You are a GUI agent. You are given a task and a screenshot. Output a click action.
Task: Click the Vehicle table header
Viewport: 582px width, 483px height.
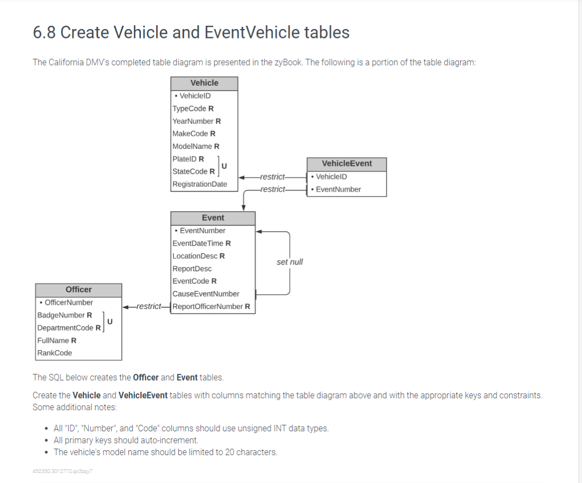(204, 83)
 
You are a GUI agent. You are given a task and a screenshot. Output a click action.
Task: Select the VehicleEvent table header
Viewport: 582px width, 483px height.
(347, 164)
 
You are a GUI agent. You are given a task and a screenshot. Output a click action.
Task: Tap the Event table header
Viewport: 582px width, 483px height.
(213, 218)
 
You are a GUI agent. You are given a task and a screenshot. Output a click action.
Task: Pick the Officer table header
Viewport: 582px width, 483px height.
(79, 289)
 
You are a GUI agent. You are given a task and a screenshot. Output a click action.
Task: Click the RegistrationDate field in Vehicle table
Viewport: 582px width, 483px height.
(199, 184)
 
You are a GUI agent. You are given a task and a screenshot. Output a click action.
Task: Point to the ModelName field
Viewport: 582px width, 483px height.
(195, 146)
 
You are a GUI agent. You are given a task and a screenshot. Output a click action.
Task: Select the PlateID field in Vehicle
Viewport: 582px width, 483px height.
(188, 159)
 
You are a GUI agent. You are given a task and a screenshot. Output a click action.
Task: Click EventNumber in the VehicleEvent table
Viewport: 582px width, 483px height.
(338, 189)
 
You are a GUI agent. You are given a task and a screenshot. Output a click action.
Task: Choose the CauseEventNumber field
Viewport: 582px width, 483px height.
(206, 294)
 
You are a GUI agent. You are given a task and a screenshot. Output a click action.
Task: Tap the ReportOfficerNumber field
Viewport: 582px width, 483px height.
(211, 306)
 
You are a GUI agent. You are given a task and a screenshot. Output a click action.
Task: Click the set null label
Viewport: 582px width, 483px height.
(290, 262)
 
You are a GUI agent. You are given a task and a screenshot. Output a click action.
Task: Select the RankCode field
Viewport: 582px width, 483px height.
(55, 353)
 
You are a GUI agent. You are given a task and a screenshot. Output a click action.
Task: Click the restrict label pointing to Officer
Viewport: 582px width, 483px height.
(148, 306)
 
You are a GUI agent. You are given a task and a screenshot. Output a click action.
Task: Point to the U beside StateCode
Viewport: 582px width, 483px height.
(224, 166)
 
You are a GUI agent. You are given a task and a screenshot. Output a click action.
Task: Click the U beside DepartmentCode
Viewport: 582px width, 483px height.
(110, 321)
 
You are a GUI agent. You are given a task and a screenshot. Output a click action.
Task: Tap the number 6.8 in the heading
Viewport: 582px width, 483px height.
(44, 33)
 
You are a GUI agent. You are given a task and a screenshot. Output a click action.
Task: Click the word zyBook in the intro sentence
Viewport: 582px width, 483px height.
(288, 62)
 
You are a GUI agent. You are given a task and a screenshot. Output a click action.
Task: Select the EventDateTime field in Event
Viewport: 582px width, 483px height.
(202, 243)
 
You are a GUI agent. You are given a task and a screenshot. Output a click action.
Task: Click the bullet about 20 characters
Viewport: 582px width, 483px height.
(165, 452)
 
